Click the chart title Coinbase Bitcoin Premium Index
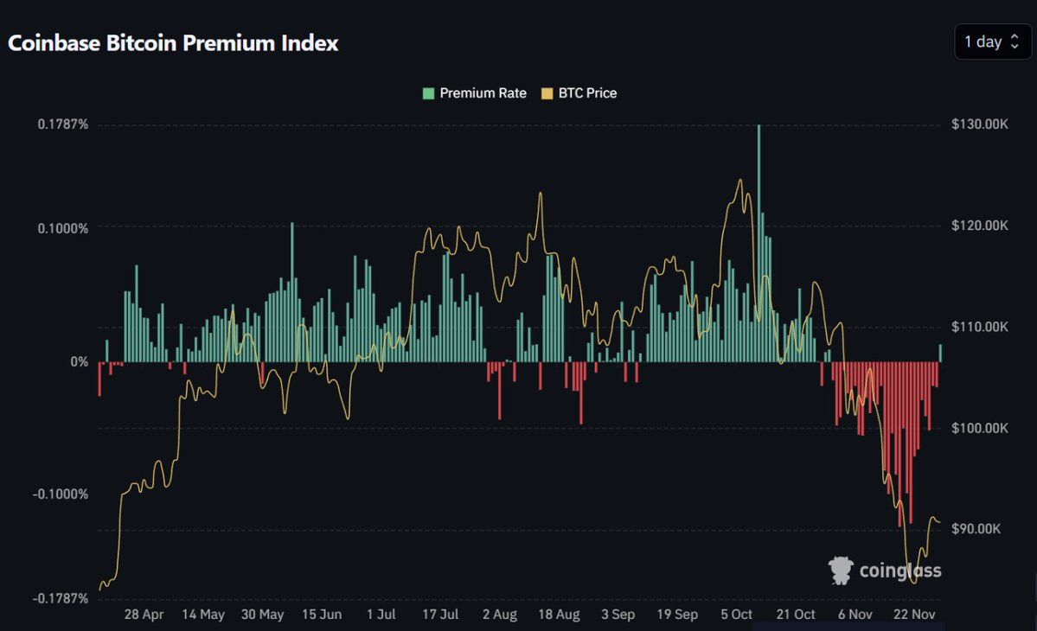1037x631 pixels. [x=173, y=43]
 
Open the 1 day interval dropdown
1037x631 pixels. [x=992, y=41]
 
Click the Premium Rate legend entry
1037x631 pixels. [x=475, y=93]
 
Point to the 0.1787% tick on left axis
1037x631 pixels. [x=62, y=124]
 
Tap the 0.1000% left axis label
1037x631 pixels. [x=62, y=228]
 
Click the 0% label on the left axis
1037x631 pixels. [x=79, y=361]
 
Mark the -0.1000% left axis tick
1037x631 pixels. [x=61, y=494]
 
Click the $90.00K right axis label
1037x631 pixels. [x=976, y=529]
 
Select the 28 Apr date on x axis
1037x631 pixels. [x=144, y=615]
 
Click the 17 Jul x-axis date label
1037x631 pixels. [x=439, y=615]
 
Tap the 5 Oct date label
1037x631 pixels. [x=736, y=615]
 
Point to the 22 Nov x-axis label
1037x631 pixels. [x=913, y=615]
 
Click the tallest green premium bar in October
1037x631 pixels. [x=759, y=242]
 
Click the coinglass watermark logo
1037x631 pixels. [x=884, y=570]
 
